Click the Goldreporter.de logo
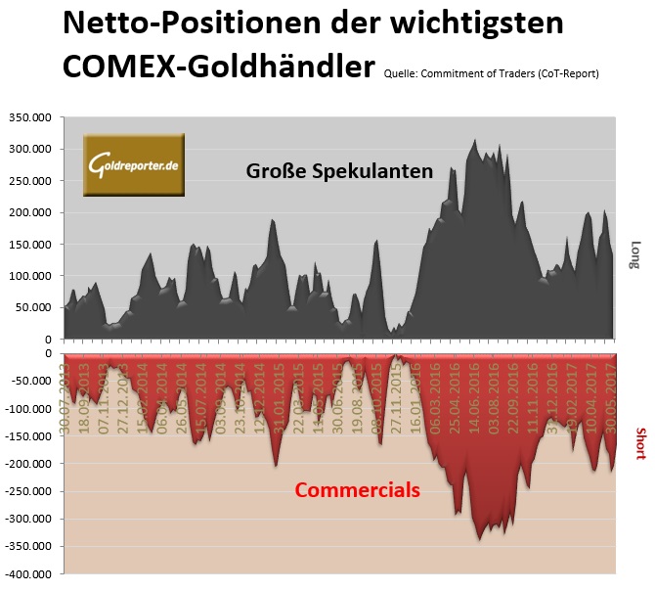pos(133,163)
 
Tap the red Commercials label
pos(357,488)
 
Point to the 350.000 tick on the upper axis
pos(30,117)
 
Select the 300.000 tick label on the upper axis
pos(30,149)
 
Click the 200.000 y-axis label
pos(30,212)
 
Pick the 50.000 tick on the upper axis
pos(34,307)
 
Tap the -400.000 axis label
pos(29,574)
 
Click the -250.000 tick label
pos(29,491)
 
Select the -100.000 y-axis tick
pos(29,408)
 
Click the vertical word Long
pos(634,255)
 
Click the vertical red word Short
pos(640,443)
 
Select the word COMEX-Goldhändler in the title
pos(219,66)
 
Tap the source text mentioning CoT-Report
pos(491,72)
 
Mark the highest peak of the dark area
pos(475,141)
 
